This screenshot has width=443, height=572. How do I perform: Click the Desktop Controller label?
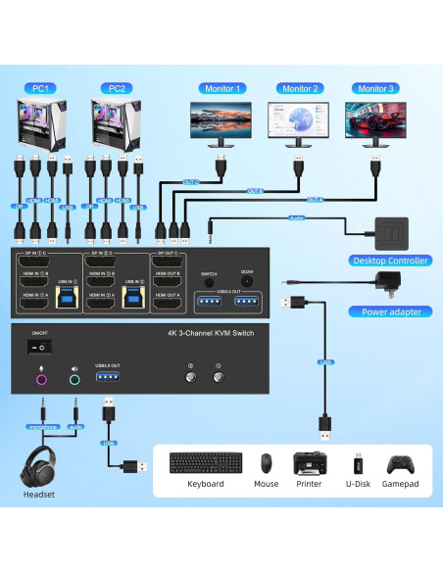389,261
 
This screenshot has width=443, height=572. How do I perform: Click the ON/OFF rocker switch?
39,346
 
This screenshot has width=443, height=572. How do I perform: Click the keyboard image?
205,463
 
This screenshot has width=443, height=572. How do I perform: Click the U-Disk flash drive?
359,463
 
